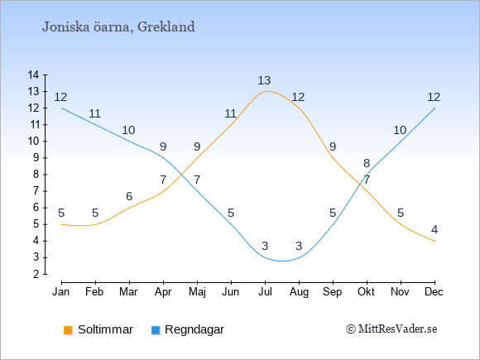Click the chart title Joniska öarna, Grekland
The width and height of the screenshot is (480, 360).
point(118,27)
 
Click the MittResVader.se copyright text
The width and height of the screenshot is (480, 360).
point(391,329)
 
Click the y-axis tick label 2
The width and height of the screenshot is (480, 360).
point(36,274)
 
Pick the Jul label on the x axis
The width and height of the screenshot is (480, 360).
point(265,292)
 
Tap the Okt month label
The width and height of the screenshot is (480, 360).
point(366,292)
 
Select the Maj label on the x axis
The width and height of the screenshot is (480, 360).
point(197,292)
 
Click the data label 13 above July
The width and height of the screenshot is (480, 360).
point(264,80)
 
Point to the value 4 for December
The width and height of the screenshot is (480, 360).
point(434,229)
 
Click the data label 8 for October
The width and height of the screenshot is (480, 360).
point(367,164)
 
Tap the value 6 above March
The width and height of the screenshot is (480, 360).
point(129,196)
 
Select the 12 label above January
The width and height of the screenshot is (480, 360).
point(60,98)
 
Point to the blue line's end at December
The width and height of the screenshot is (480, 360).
point(434,108)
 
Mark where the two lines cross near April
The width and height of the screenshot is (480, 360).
point(182,175)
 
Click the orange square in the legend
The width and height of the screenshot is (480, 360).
point(68,330)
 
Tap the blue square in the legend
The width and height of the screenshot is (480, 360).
point(156,330)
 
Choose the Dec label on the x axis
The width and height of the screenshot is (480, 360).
point(434,292)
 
